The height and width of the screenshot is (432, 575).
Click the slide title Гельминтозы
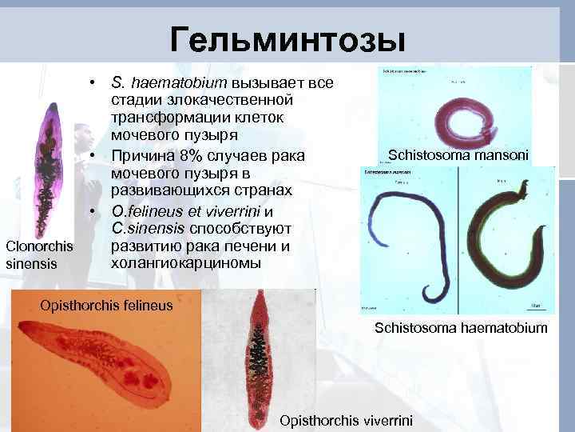click(287, 38)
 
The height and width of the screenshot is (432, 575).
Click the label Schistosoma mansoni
click(457, 154)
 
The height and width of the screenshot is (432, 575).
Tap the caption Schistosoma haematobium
click(461, 327)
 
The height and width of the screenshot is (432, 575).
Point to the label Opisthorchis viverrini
click(346, 420)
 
